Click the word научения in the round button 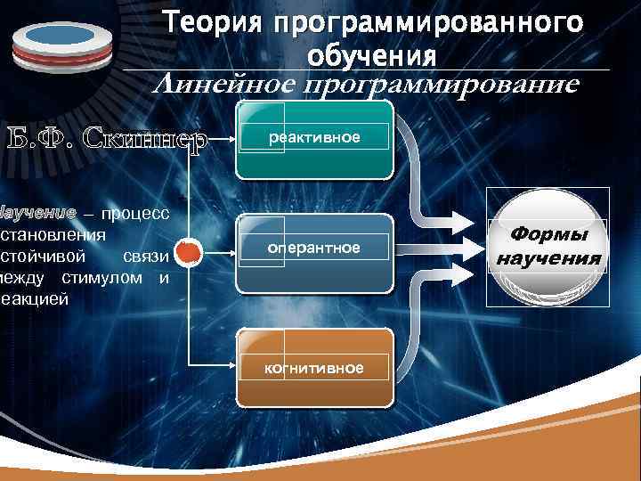coord(548,259)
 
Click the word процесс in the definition coord(134,214)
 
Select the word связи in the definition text coord(146,257)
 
